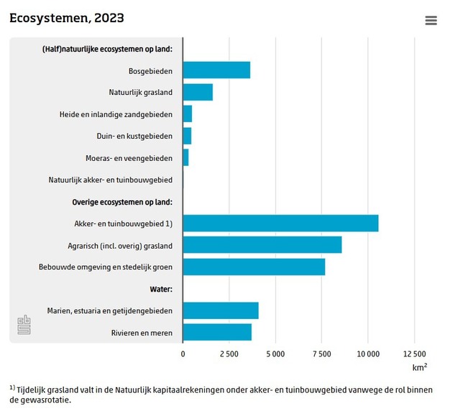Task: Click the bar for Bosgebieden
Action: click(216, 70)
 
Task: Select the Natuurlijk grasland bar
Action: click(198, 92)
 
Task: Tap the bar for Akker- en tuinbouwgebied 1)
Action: click(280, 223)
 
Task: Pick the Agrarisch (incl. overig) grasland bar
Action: click(262, 245)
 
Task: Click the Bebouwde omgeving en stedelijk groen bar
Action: click(254, 267)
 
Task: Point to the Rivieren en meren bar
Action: click(217, 332)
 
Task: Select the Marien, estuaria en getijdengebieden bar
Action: click(221, 310)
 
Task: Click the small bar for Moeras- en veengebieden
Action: click(185, 157)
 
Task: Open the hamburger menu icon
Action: click(431, 21)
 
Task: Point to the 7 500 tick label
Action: click(322, 354)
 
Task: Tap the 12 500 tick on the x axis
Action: click(415, 354)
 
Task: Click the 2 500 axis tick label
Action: click(229, 354)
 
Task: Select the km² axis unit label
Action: click(420, 367)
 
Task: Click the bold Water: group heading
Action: click(161, 289)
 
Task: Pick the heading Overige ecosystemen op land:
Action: click(122, 202)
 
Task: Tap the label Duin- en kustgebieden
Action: click(134, 136)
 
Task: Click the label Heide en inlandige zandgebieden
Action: click(116, 114)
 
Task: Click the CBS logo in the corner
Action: click(24, 324)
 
